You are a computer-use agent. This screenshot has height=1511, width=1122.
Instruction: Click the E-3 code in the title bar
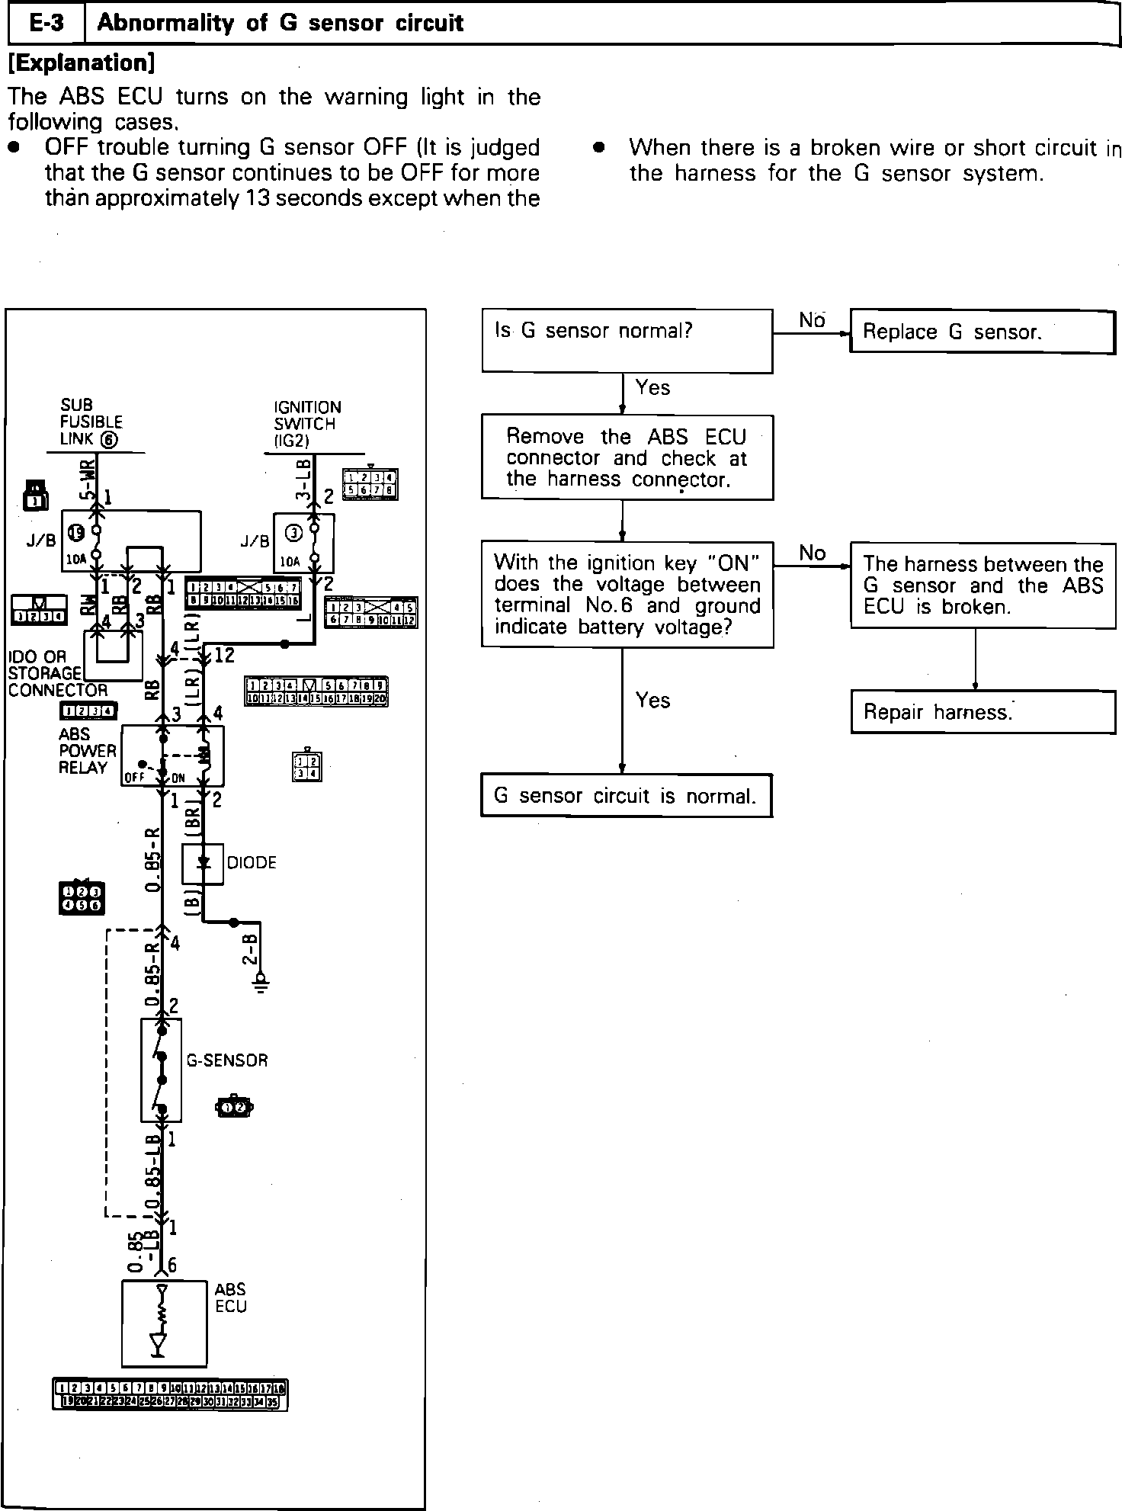[x=46, y=24]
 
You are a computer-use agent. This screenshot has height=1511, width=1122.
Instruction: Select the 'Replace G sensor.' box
[x=982, y=332]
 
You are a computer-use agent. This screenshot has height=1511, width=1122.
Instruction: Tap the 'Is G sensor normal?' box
[x=627, y=341]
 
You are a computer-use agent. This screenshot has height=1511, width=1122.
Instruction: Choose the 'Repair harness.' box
[x=983, y=712]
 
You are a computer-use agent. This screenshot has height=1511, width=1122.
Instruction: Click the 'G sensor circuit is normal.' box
[x=626, y=796]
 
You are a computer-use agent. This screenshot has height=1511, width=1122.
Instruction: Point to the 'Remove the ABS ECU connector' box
[x=627, y=457]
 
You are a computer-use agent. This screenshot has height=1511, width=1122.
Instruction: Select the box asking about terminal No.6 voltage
[x=627, y=595]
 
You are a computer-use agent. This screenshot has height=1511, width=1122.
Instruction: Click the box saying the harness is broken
[x=983, y=585]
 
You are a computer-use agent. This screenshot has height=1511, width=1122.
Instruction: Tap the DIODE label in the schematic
[x=252, y=862]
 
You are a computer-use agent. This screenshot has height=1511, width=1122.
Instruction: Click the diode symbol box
[x=203, y=863]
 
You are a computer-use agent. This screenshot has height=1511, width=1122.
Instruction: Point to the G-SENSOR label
[x=227, y=1060]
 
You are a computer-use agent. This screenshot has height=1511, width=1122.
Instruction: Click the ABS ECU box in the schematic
[x=164, y=1323]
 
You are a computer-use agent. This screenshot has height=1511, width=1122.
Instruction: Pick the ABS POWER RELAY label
[x=87, y=751]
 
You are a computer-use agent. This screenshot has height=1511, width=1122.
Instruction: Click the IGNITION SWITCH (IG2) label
[x=306, y=424]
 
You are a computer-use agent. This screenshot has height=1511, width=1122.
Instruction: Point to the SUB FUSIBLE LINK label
[x=91, y=422]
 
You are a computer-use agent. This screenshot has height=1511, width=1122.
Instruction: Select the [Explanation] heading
[x=81, y=63]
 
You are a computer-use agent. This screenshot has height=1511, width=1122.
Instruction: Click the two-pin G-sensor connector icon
[x=235, y=1107]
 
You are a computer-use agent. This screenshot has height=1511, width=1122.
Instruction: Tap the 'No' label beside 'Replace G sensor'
[x=811, y=321]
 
